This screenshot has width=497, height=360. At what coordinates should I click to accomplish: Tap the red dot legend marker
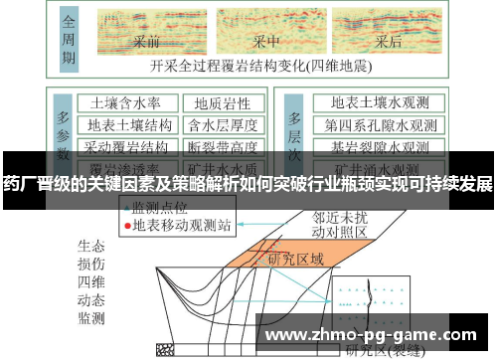127,225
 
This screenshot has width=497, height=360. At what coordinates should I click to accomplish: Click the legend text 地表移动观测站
182,225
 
